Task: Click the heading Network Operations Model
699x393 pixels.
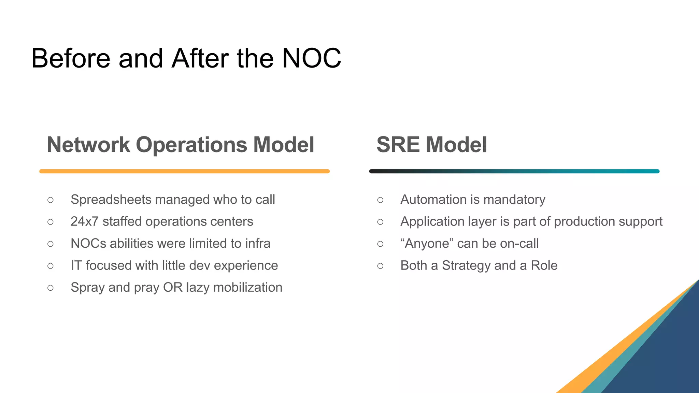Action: click(180, 145)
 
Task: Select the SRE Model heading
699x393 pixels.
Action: click(431, 145)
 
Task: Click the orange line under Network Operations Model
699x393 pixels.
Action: click(184, 171)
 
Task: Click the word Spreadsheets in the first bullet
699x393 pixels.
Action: click(111, 200)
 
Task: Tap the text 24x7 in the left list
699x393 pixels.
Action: click(84, 222)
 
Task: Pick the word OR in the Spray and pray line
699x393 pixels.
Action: click(173, 288)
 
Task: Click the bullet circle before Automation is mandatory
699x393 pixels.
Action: click(380, 200)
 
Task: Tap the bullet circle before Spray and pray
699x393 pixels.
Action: click(51, 288)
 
